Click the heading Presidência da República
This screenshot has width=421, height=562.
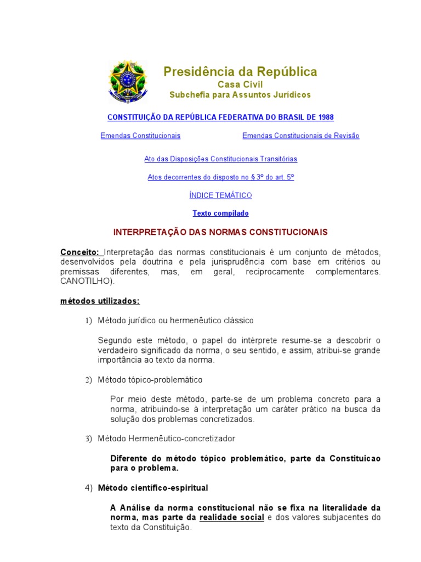pos(240,72)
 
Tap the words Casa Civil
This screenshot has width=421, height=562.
pos(240,85)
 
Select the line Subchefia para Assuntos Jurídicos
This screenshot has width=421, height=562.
pos(240,95)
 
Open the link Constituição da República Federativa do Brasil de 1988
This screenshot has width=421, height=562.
pos(220,117)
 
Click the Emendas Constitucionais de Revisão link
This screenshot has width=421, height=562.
pos(301,136)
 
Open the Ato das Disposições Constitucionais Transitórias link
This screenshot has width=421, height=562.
pos(220,159)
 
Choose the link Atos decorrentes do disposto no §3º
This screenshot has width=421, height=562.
pos(220,177)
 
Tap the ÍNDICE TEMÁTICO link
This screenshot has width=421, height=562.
pos(220,195)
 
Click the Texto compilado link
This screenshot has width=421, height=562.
pos(220,213)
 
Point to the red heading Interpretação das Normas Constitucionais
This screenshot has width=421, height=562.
pos(220,232)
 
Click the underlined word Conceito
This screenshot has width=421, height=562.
pos(79,252)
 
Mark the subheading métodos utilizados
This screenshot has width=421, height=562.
pos(100,301)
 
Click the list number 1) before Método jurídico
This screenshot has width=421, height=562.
pos(88,321)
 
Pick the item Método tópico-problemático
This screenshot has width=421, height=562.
pos(150,380)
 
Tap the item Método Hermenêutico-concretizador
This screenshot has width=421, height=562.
pos(166,439)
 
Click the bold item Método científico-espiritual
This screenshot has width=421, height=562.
pos(153,488)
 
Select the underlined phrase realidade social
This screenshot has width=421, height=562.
pos(231,518)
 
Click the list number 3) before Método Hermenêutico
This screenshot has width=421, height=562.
pos(88,439)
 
